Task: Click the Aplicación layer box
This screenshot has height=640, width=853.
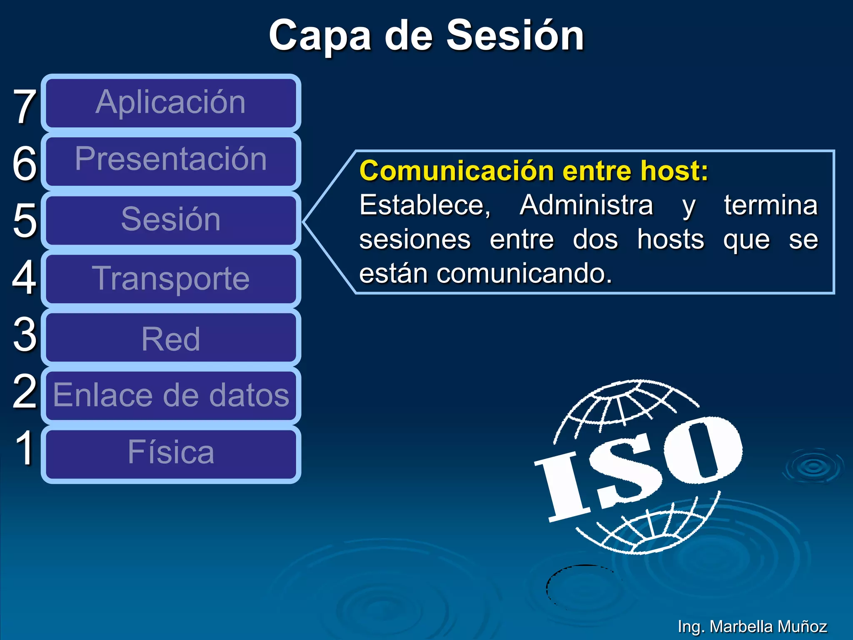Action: [171, 103]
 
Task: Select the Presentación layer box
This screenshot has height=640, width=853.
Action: [171, 160]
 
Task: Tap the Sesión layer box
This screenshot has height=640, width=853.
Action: [171, 220]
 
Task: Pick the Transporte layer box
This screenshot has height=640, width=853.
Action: [171, 278]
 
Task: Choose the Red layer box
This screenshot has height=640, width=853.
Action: [171, 338]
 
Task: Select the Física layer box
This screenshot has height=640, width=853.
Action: [171, 454]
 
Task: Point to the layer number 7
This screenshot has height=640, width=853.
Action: [24, 107]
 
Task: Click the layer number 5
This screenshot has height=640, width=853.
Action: [24, 221]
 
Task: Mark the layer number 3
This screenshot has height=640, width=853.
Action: [24, 335]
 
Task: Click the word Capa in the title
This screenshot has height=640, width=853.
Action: [319, 37]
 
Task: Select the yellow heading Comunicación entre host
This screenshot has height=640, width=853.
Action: [533, 171]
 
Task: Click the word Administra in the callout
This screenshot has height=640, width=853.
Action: [586, 205]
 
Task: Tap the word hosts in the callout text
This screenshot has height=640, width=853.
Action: [670, 240]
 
